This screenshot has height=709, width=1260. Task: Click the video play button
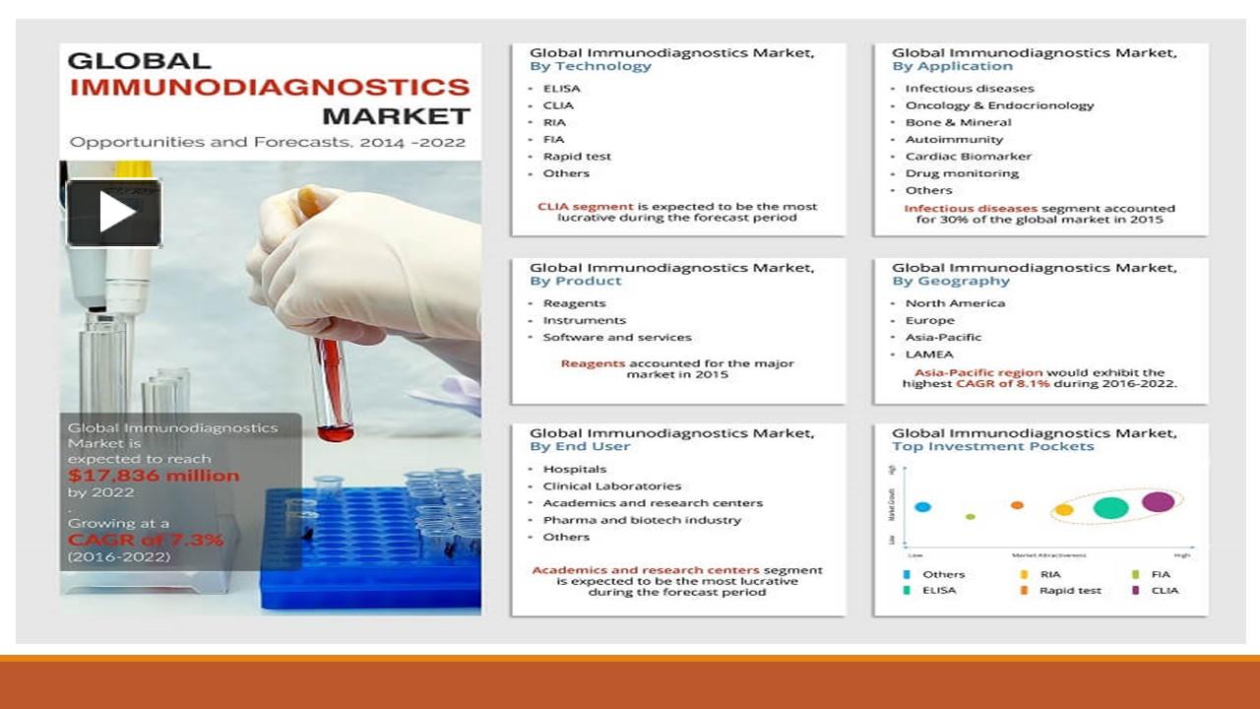click(x=114, y=213)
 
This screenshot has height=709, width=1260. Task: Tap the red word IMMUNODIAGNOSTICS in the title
click(x=270, y=88)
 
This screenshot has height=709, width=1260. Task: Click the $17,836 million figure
click(x=154, y=476)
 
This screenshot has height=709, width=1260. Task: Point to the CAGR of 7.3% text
click(x=146, y=540)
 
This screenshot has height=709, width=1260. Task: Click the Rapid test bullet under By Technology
click(x=577, y=157)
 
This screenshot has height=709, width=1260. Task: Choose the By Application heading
click(x=952, y=67)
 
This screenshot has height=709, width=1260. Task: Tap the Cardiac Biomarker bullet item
click(x=969, y=157)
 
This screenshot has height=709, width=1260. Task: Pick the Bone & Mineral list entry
click(x=958, y=123)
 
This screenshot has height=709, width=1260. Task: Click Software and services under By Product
click(x=617, y=338)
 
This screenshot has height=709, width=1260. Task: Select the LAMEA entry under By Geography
click(x=929, y=354)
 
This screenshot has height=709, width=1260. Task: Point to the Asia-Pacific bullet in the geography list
click(x=943, y=338)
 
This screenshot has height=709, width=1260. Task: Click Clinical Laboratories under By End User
click(x=611, y=486)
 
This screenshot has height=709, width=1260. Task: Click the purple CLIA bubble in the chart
click(x=1159, y=501)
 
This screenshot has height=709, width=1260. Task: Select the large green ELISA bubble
click(x=1110, y=508)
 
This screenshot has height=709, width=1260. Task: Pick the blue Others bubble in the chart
click(x=922, y=507)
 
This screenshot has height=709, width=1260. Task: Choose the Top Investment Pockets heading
click(x=992, y=447)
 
